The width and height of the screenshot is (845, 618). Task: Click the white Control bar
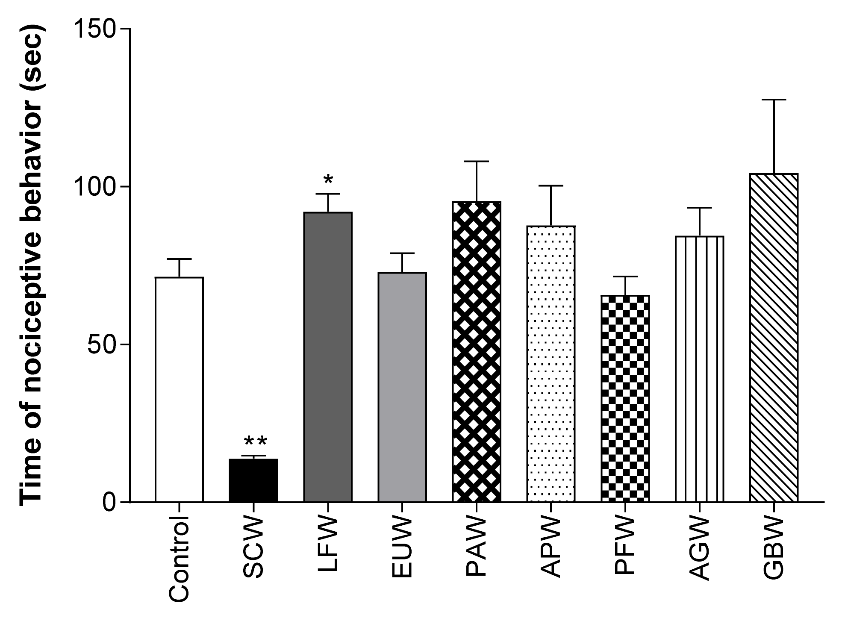[179, 389]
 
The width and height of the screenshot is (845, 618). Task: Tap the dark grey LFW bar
[328, 357]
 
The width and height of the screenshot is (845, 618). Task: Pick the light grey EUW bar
[402, 387]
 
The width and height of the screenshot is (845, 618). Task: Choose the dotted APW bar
[551, 363]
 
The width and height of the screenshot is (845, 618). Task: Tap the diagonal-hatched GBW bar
[774, 338]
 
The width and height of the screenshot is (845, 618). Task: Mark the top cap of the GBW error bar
[774, 100]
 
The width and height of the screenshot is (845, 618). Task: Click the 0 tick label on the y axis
[109, 502]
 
